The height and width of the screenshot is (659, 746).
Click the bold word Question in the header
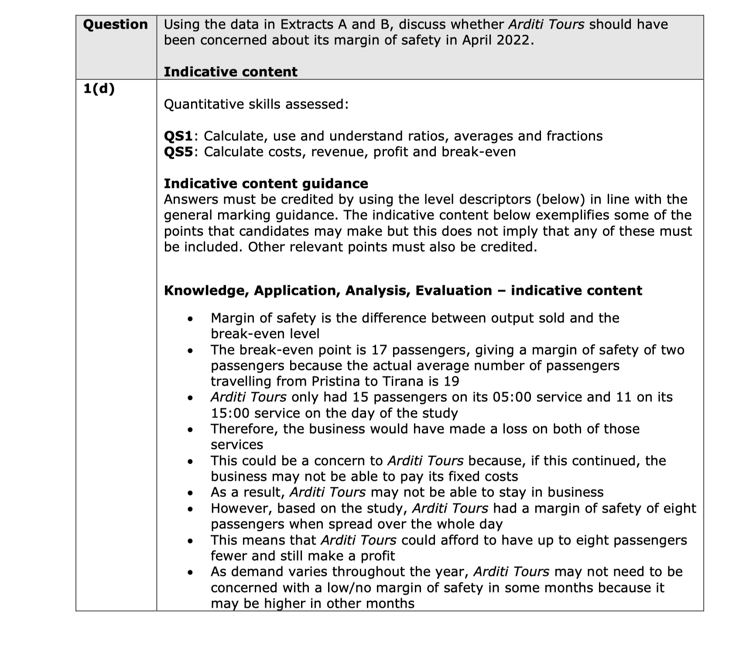tap(115, 24)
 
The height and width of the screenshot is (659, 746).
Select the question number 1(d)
tap(99, 89)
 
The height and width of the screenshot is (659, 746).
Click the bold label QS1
tap(178, 136)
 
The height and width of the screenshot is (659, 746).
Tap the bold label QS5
tap(178, 152)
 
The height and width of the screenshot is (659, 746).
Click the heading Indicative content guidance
tap(266, 183)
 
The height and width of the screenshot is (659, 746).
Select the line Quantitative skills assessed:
tap(256, 104)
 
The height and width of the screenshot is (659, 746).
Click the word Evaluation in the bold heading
tap(454, 291)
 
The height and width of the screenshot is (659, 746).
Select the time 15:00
tap(230, 413)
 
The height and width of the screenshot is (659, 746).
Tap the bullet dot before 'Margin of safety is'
tap(189, 319)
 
